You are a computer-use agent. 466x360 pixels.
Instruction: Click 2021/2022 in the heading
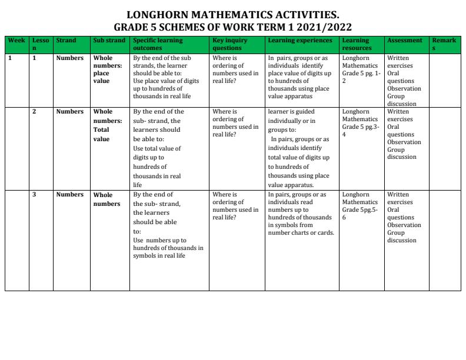pyautogui.click(x=323, y=26)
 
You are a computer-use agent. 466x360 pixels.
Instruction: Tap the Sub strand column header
pyautogui.click(x=106, y=41)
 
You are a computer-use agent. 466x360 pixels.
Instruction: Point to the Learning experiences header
pyautogui.click(x=296, y=41)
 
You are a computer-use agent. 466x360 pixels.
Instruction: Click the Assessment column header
pyautogui.click(x=405, y=41)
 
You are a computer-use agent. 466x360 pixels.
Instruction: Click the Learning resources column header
pyautogui.click(x=357, y=44)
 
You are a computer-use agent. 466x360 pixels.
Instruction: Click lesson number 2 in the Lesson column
pyautogui.click(x=34, y=111)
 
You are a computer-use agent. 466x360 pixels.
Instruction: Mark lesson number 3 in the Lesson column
pyautogui.click(x=34, y=195)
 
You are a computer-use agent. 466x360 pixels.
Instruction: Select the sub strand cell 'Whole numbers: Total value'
pyautogui.click(x=106, y=125)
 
